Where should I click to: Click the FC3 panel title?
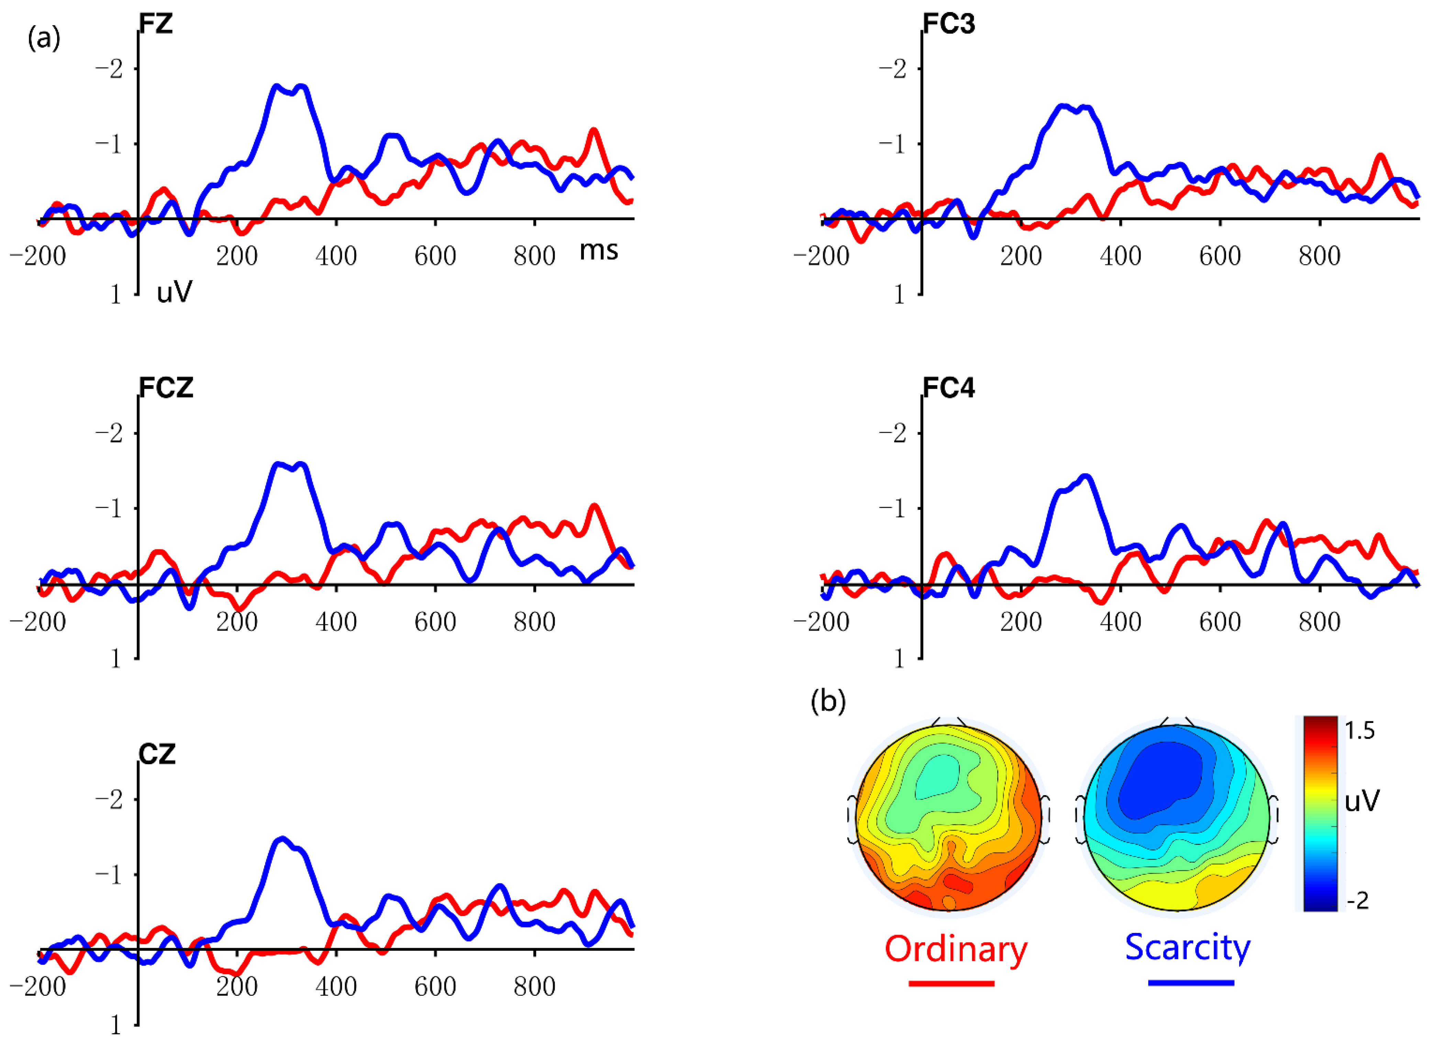tap(948, 24)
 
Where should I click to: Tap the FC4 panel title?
tap(948, 388)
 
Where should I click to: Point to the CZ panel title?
tap(157, 754)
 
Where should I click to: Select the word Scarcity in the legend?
tap(1187, 947)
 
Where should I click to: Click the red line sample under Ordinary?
tap(951, 984)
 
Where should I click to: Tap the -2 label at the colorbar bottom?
tap(1357, 901)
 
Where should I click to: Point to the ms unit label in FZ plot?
tap(598, 251)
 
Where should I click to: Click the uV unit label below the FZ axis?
tap(174, 292)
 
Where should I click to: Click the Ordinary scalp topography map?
tap(948, 817)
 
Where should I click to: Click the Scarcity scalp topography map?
tap(1177, 817)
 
